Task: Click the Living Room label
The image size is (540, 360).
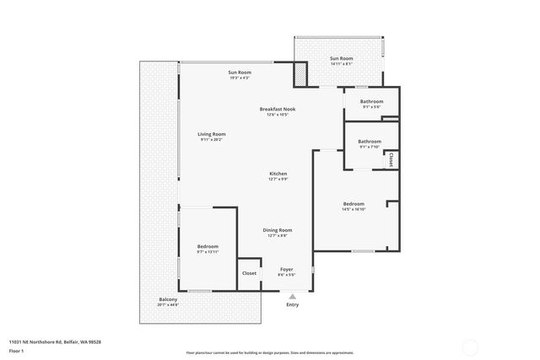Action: click(x=212, y=134)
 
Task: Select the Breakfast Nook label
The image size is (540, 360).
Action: click(x=277, y=109)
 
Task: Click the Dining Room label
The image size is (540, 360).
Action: click(x=277, y=230)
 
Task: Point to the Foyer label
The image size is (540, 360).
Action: click(x=286, y=269)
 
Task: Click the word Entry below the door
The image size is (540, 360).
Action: click(x=292, y=304)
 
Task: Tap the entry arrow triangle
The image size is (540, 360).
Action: click(x=292, y=296)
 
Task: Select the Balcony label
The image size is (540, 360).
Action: click(x=168, y=300)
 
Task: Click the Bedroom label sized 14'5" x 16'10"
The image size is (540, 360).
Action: click(x=354, y=204)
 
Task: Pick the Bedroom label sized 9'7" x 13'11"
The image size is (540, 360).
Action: click(x=208, y=246)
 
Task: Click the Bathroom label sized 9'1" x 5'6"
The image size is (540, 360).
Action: click(x=372, y=102)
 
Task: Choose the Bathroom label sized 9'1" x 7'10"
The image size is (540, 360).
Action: click(x=370, y=142)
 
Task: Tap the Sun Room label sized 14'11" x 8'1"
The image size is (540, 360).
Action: click(x=341, y=58)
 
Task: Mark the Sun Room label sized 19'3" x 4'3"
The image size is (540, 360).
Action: click(x=239, y=73)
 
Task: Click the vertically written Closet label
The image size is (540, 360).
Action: click(x=391, y=159)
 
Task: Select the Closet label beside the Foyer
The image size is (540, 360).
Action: click(x=249, y=273)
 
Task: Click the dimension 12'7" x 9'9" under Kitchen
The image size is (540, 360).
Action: click(x=278, y=179)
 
